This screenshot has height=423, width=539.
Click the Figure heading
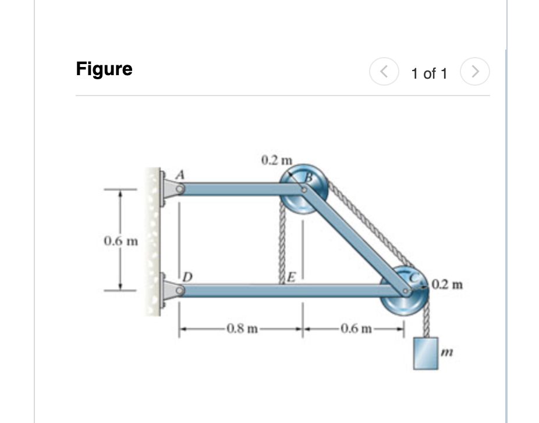pyautogui.click(x=104, y=69)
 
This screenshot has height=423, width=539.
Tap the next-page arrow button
pyautogui.click(x=476, y=72)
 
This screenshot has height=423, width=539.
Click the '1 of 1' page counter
pyautogui.click(x=429, y=73)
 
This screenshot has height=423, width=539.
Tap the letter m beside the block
pyautogui.click(x=446, y=351)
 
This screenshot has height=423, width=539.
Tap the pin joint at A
pyautogui.click(x=180, y=189)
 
